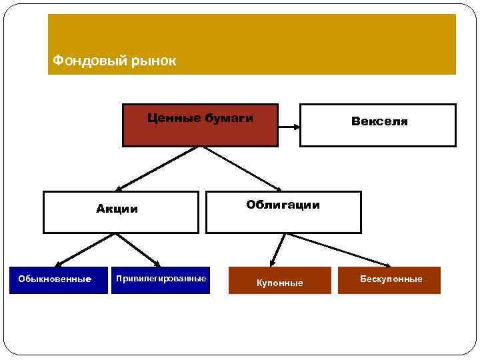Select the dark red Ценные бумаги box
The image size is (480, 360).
click(199, 125)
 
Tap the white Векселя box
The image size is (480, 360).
click(377, 125)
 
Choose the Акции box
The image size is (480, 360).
click(121, 212)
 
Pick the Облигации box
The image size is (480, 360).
click(283, 212)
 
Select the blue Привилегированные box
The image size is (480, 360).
click(161, 279)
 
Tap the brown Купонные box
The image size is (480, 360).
click(280, 281)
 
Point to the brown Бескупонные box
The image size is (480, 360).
click(391, 279)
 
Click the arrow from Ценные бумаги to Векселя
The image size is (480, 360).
click(288, 125)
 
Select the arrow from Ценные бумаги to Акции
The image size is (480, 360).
click(157, 169)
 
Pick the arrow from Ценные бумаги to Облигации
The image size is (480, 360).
click(243, 169)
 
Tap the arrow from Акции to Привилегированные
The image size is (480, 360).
click(137, 250)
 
